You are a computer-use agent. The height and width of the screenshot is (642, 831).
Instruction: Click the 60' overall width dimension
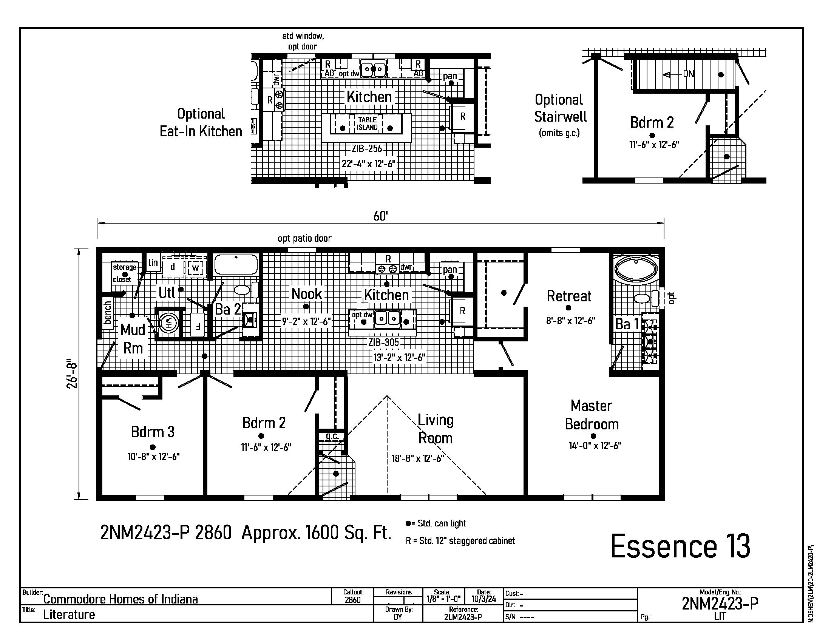[380, 216]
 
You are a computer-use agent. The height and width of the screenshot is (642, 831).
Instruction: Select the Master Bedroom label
[592, 415]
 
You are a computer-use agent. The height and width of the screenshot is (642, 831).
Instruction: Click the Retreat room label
[569, 296]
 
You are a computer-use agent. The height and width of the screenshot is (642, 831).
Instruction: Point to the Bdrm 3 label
[153, 432]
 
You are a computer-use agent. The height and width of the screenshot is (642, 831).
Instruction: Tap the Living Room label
[435, 429]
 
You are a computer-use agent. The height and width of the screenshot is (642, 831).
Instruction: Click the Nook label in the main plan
[307, 294]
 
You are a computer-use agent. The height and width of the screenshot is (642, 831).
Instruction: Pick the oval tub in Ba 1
[635, 269]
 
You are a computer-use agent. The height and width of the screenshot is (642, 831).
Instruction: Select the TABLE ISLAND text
[367, 123]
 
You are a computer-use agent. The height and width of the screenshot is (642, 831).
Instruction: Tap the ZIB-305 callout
[383, 343]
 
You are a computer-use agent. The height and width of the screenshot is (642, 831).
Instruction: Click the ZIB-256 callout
[367, 149]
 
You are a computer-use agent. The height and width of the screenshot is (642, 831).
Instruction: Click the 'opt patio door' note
[304, 238]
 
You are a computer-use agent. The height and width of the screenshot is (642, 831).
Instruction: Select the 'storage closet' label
[124, 273]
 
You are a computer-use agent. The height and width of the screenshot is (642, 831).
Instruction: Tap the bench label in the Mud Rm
[108, 313]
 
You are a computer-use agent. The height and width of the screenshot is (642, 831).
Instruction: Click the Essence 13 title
[680, 546]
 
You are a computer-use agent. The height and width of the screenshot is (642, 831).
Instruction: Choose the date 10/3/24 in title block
[483, 599]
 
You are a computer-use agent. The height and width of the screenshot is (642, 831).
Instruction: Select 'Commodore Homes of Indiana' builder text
[120, 599]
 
